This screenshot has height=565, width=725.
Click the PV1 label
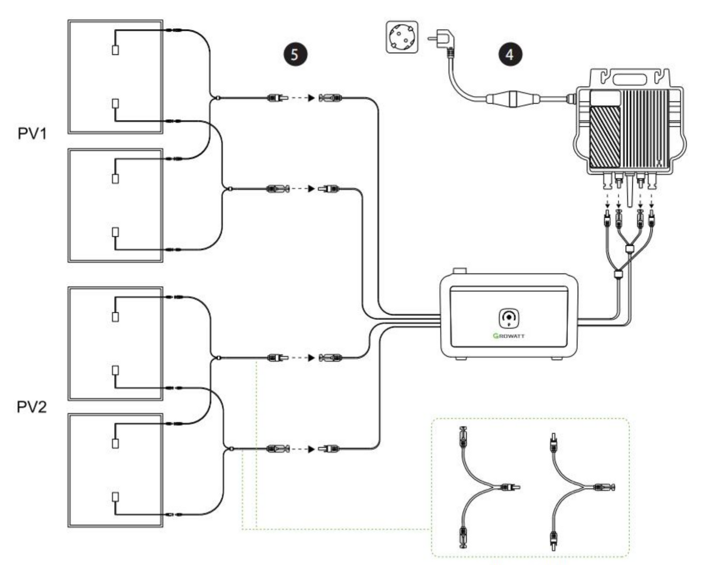tap(32, 133)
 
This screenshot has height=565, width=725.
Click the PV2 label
tap(32, 406)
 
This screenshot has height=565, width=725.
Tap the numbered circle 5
tap(295, 54)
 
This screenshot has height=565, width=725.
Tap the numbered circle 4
tap(510, 54)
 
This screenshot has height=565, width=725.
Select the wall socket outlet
tap(402, 37)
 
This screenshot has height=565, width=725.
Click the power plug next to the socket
tap(440, 38)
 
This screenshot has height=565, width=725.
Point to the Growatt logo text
tap(509, 335)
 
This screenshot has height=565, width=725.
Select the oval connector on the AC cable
tap(512, 98)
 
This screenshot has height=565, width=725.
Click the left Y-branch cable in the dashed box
tap(482, 487)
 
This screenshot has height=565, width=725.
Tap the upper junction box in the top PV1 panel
tap(115, 50)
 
